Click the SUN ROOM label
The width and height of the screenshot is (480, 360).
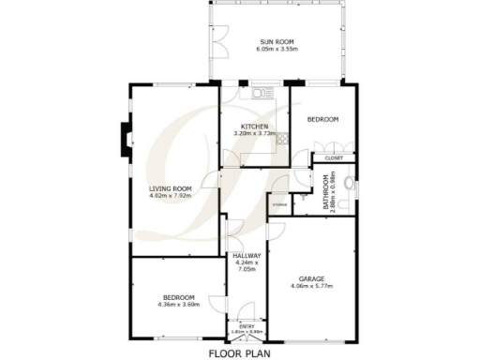point(277,41)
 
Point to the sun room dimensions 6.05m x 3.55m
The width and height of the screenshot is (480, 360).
point(277,49)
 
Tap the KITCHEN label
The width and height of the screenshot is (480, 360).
point(255,127)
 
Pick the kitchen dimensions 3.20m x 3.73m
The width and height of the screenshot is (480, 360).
point(255,134)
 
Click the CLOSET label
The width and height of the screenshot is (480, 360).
point(333,158)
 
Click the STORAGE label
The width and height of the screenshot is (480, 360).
point(278,203)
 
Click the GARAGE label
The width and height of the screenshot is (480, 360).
point(312,278)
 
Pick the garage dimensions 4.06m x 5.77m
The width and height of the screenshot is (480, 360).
point(312,286)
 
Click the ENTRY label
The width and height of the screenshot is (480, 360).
point(246,326)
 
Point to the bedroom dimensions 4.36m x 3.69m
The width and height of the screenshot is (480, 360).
point(176,305)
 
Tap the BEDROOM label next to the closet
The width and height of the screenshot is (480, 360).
point(322,120)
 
